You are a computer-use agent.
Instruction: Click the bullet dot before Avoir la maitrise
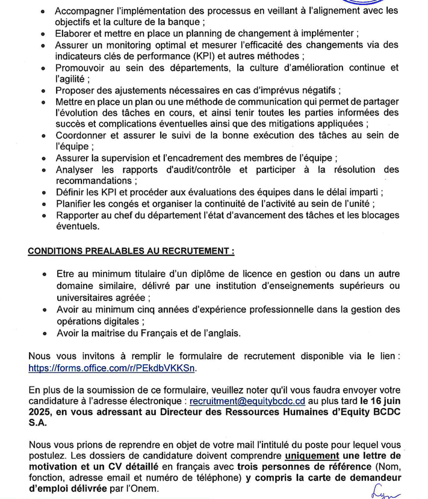[45, 332]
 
